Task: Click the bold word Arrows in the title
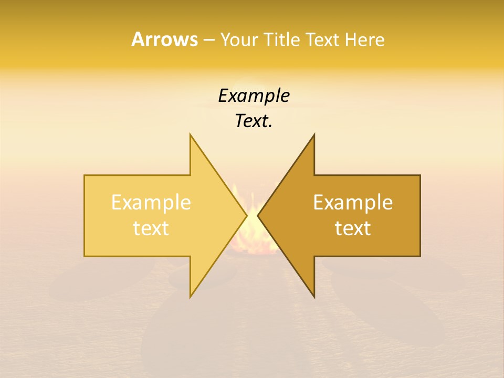point(164,40)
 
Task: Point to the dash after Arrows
point(208,40)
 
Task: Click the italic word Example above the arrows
point(254,96)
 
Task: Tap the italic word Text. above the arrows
point(253,121)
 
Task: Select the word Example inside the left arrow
point(151,203)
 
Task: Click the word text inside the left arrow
point(151,228)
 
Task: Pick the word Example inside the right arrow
point(353,203)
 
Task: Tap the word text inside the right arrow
point(353,228)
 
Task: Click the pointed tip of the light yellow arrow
point(247,215)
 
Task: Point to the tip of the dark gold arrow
point(258,215)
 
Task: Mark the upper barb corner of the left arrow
point(191,134)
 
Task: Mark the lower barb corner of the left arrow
point(191,297)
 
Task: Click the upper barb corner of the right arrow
point(314,134)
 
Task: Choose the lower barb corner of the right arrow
point(314,297)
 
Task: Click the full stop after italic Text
point(270,127)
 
